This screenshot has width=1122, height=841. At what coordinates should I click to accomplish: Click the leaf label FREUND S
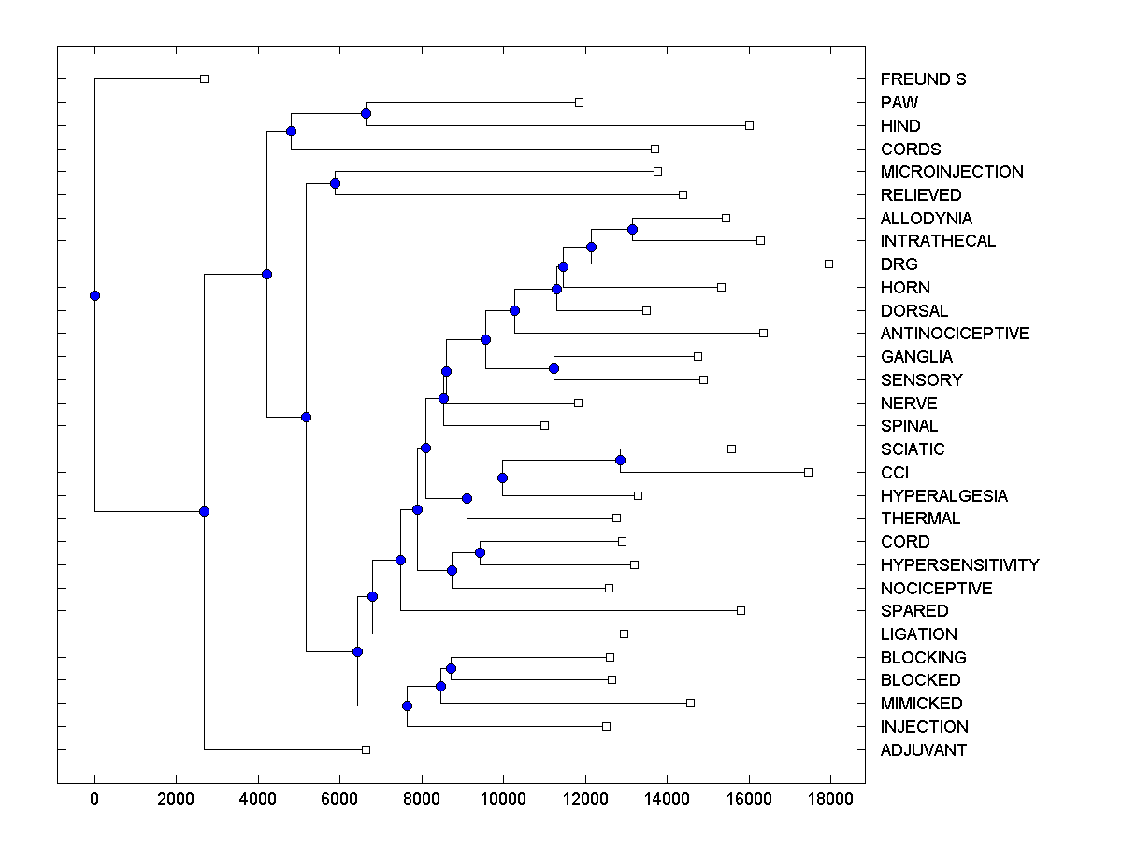(x=923, y=79)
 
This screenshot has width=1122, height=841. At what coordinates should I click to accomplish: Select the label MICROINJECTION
(x=952, y=172)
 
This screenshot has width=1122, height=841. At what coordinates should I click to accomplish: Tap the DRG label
(x=899, y=264)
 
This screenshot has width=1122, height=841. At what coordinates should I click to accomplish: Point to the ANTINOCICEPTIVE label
(x=955, y=334)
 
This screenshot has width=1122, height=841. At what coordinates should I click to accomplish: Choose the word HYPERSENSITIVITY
(x=959, y=565)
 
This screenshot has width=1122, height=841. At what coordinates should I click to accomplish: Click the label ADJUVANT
(x=923, y=750)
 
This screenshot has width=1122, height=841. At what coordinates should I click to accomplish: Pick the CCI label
(x=894, y=473)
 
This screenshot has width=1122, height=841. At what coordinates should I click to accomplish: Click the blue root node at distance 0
(x=94, y=295)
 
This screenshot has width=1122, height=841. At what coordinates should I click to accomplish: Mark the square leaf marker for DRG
(x=828, y=264)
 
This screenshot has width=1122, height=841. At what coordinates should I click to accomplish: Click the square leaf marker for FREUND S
(x=205, y=78)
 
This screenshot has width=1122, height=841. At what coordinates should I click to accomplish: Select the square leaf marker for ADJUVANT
(x=366, y=749)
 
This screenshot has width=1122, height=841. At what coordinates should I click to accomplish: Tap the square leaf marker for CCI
(x=808, y=472)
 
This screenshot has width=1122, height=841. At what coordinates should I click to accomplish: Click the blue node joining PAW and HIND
(x=366, y=113)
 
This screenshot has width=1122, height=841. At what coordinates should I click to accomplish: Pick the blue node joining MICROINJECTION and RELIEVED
(x=335, y=183)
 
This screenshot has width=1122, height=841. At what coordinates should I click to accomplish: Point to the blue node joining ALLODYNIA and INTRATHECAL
(x=632, y=229)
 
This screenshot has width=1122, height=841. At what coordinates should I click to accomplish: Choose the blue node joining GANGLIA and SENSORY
(x=554, y=368)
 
